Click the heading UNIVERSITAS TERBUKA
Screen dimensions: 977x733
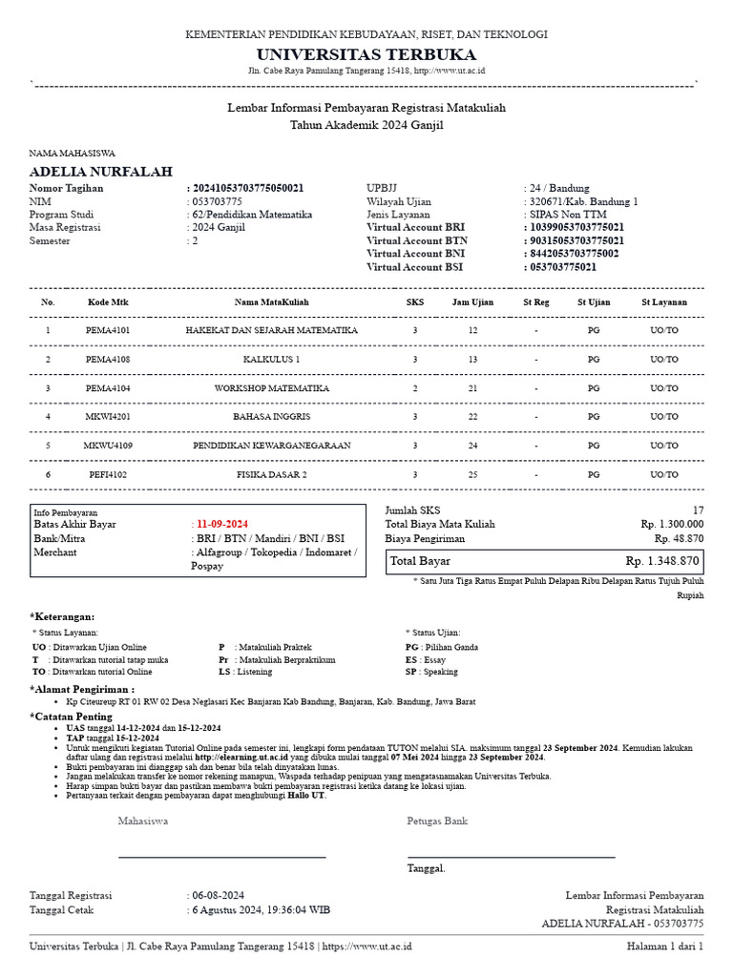click(x=366, y=54)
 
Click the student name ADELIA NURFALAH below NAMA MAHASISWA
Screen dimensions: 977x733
click(x=101, y=172)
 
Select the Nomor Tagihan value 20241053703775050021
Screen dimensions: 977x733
click(x=249, y=189)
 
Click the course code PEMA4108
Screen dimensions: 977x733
click(x=108, y=360)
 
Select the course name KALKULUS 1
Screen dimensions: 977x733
click(x=271, y=360)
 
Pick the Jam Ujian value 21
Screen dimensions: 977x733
click(x=472, y=388)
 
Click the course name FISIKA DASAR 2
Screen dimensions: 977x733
click(x=271, y=474)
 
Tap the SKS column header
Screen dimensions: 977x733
click(x=415, y=302)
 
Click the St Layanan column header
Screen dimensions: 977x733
click(x=664, y=302)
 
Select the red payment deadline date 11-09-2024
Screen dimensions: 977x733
click(x=221, y=525)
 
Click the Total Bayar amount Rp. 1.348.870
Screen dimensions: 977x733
click(x=662, y=561)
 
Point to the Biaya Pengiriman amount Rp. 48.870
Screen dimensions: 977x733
click(x=679, y=538)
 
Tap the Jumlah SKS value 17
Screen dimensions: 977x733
click(x=698, y=510)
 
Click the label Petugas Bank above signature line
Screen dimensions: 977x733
click(x=437, y=821)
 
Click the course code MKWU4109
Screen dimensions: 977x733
click(x=108, y=446)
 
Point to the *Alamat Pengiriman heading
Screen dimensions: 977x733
click(x=82, y=688)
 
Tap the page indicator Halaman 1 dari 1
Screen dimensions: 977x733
click(x=664, y=946)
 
